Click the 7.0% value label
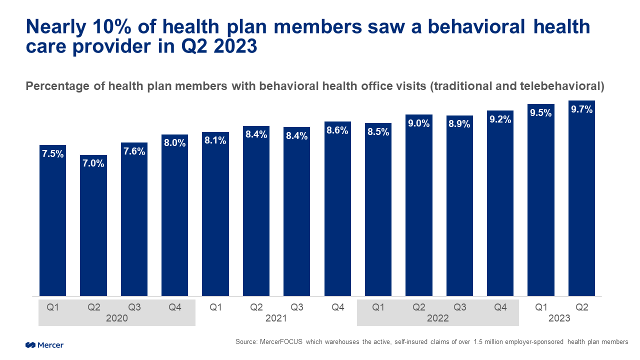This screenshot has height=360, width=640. pyautogui.click(x=93, y=163)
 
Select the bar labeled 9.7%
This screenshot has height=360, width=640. pyautogui.click(x=581, y=200)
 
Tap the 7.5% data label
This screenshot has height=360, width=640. pyautogui.click(x=52, y=154)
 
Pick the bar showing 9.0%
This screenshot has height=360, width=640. pyautogui.click(x=418, y=210)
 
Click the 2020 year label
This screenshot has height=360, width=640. pyautogui.click(x=116, y=318)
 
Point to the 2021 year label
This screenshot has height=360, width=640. pyautogui.click(x=276, y=318)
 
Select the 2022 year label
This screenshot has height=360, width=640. pyautogui.click(x=438, y=318)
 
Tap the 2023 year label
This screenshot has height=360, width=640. pyautogui.click(x=560, y=318)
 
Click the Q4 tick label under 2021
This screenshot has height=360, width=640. pyautogui.click(x=337, y=307)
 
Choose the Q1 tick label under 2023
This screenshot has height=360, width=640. pyautogui.click(x=541, y=307)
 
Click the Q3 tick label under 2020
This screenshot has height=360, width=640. pyautogui.click(x=134, y=307)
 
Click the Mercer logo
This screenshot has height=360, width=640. pyautogui.click(x=44, y=345)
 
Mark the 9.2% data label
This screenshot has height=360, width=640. pyautogui.click(x=500, y=119)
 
